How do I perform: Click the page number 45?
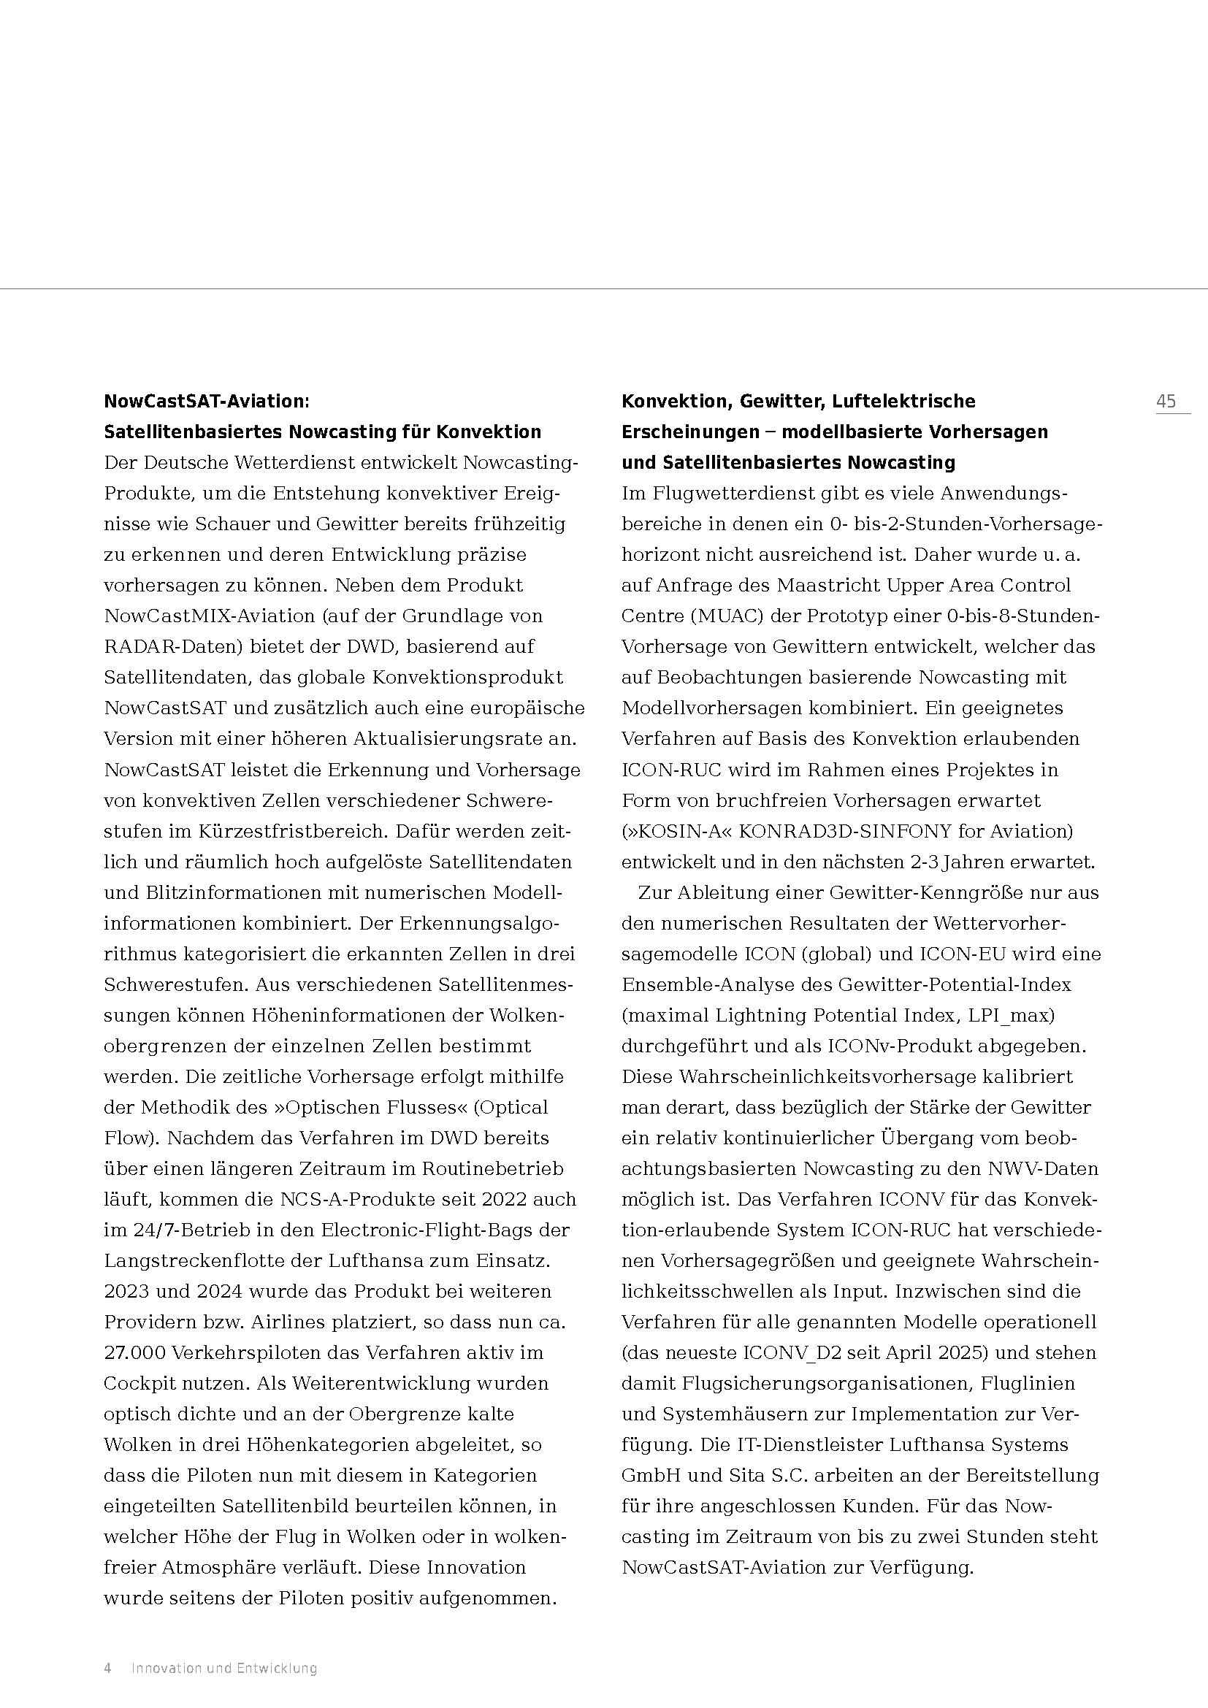point(1166,402)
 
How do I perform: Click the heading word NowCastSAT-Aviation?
point(206,402)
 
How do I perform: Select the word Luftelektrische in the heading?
point(903,402)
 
